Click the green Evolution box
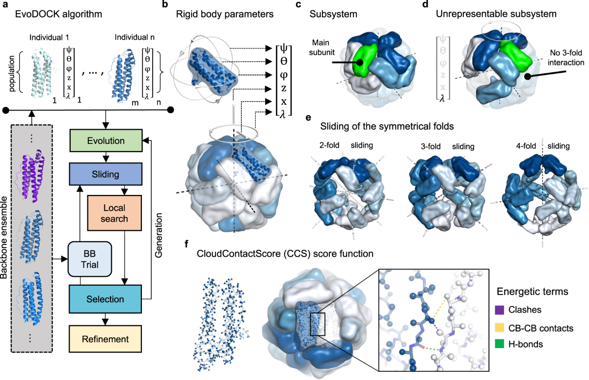[107, 140]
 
